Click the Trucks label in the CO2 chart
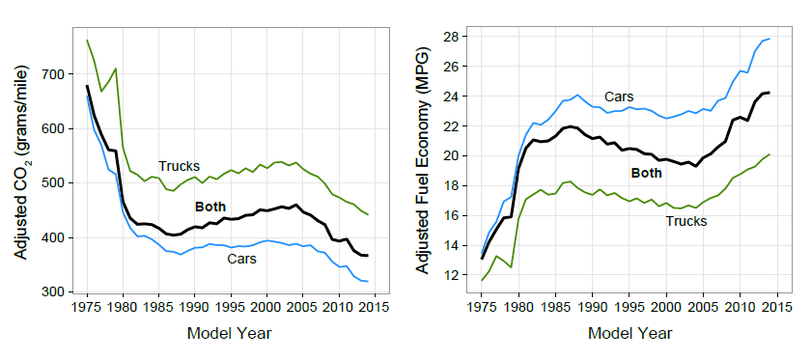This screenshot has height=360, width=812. tap(179, 166)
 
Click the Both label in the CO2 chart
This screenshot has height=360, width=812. tap(210, 207)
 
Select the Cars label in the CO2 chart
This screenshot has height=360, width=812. tap(241, 259)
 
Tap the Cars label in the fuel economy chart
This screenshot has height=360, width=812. tap(619, 97)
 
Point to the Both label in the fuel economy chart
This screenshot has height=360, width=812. tap(647, 174)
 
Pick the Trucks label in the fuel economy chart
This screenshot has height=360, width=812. tap(686, 221)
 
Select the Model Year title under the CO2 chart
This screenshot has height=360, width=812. tap(229, 334)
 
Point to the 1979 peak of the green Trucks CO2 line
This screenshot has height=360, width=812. tap(116, 69)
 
